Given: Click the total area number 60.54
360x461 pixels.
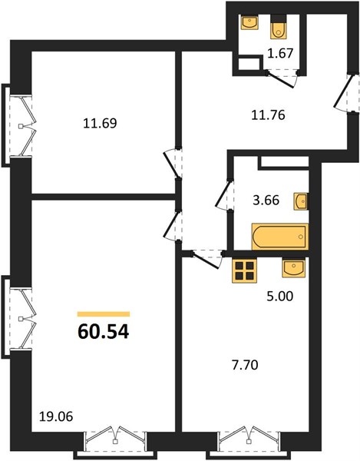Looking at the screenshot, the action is [x=104, y=332].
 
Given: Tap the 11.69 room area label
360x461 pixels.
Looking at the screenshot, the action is [x=100, y=123].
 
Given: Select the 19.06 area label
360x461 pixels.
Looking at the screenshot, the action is [x=56, y=416].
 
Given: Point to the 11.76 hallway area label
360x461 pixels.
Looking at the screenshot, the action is [x=268, y=115].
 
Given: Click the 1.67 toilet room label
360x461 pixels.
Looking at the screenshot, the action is [x=280, y=54].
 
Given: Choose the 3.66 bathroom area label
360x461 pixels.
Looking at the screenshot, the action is [x=266, y=201].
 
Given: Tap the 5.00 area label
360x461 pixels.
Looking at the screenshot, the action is [x=280, y=296].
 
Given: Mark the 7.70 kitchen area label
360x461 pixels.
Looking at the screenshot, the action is [x=245, y=365].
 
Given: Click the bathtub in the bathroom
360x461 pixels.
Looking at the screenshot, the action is [x=280, y=237].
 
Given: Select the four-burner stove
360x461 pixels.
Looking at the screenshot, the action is [x=244, y=270].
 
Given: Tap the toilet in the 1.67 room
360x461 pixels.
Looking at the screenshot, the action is [x=279, y=27].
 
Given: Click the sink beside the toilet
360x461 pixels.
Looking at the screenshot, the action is [x=249, y=22].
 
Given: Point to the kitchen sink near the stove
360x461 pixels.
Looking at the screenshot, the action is [x=294, y=268].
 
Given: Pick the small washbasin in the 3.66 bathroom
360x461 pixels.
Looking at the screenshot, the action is [x=300, y=201].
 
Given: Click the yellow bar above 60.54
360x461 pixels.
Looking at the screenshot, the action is [x=104, y=314].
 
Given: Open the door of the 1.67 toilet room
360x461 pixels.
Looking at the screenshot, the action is [x=282, y=78].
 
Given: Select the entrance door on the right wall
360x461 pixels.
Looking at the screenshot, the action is [x=346, y=92].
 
